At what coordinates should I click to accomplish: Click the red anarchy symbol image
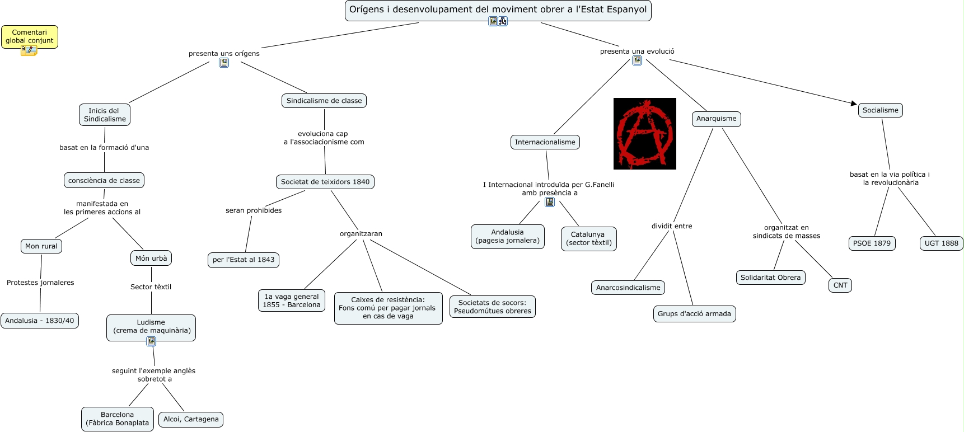pyautogui.click(x=644, y=134)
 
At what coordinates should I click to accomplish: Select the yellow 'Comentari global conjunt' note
pyautogui.click(x=30, y=37)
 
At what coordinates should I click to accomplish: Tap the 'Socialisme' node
pyautogui.click(x=880, y=110)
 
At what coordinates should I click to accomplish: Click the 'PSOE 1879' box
pyautogui.click(x=872, y=243)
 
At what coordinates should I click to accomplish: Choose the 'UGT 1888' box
pyautogui.click(x=941, y=243)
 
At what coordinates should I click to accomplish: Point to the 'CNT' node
pyautogui.click(x=840, y=285)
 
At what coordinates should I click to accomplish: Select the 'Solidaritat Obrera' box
pyautogui.click(x=770, y=278)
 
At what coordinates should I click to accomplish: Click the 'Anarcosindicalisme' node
pyautogui.click(x=628, y=288)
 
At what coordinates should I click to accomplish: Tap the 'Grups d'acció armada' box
pyautogui.click(x=694, y=314)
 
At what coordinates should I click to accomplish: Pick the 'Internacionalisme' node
pyautogui.click(x=545, y=142)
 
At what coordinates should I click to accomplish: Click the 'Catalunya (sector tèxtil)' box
pyautogui.click(x=588, y=239)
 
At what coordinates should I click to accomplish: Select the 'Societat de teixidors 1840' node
pyautogui.click(x=325, y=182)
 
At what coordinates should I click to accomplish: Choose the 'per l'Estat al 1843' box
pyautogui.click(x=244, y=260)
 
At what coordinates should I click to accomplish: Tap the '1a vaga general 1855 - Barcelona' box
pyautogui.click(x=292, y=300)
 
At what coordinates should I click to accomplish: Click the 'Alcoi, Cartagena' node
pyautogui.click(x=191, y=419)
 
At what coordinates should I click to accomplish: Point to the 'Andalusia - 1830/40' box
pyautogui.click(x=40, y=321)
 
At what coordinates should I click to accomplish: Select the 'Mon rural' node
pyautogui.click(x=41, y=246)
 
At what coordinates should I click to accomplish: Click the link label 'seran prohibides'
pyautogui.click(x=254, y=210)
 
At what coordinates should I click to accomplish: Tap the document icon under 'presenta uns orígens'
pyautogui.click(x=224, y=63)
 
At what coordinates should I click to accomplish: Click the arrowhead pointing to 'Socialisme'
pyautogui.click(x=854, y=104)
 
